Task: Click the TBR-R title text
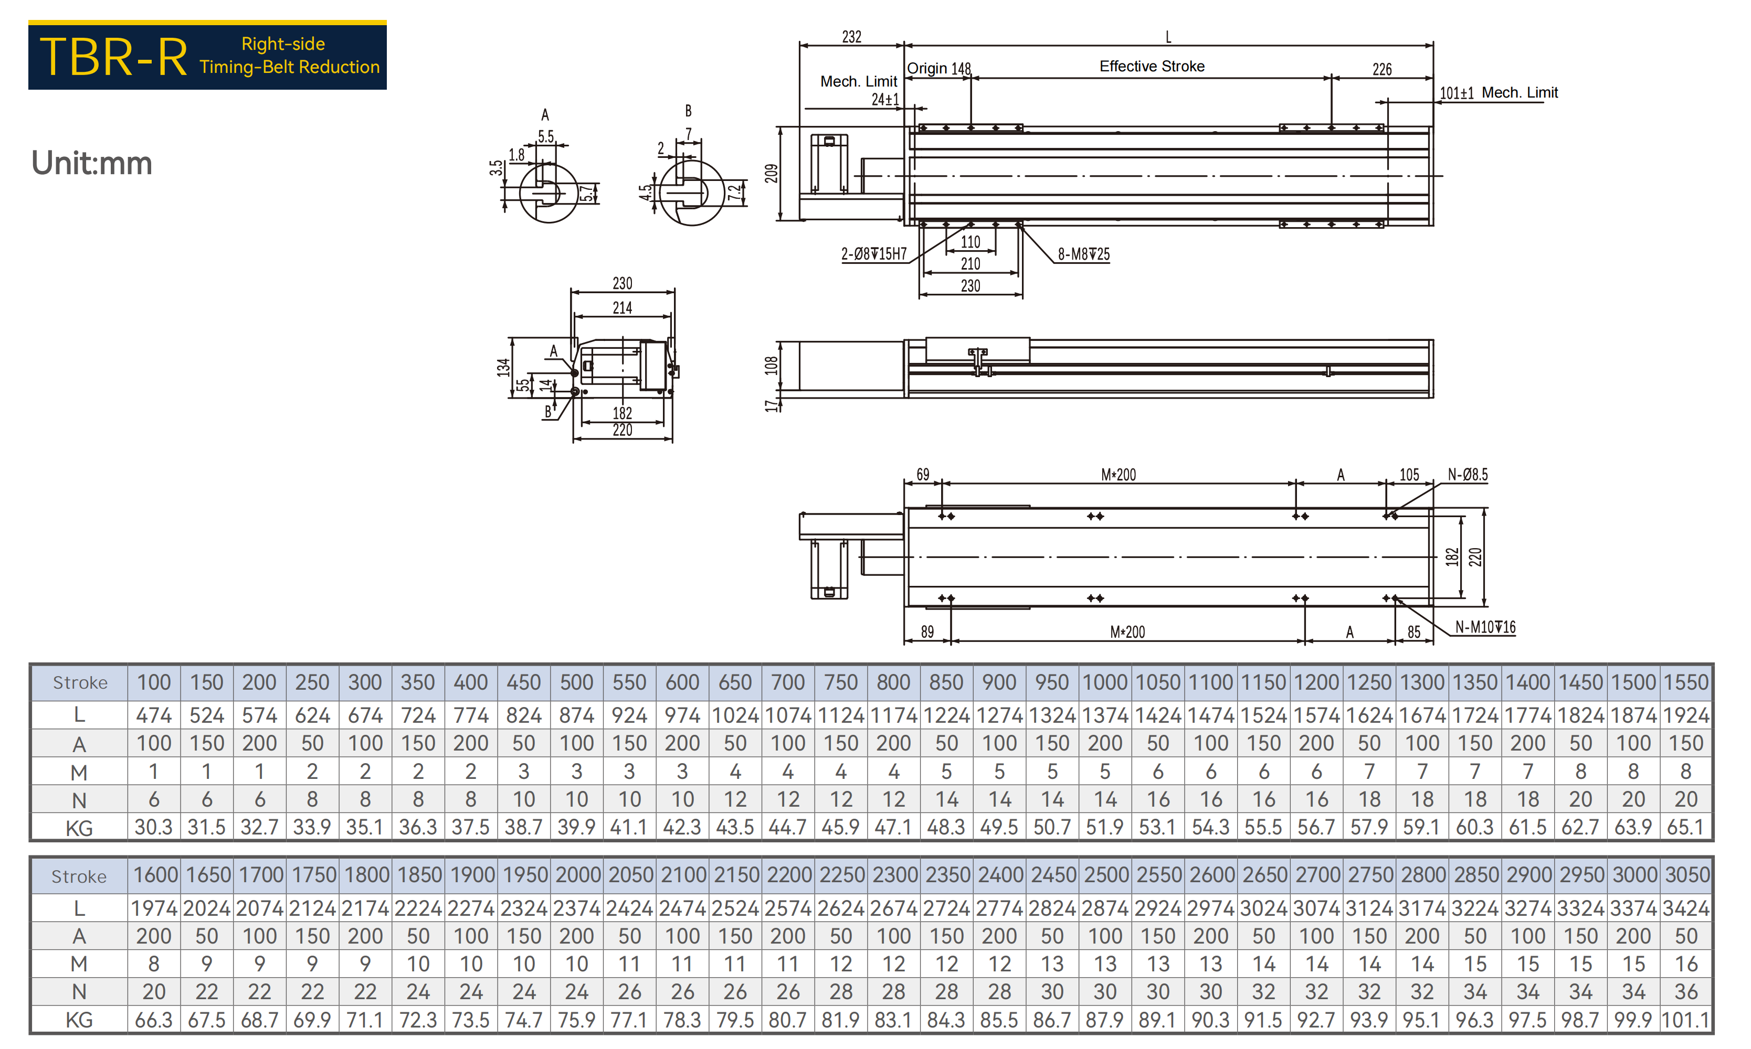(113, 57)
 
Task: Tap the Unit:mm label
(91, 163)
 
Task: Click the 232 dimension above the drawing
(851, 37)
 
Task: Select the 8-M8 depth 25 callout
(1083, 254)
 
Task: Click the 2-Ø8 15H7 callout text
(874, 254)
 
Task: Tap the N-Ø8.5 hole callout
(1468, 475)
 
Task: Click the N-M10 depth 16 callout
(1485, 628)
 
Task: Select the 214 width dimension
(623, 307)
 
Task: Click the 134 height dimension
(503, 368)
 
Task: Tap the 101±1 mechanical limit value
(1457, 93)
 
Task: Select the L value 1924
(1686, 715)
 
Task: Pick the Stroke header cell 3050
(1686, 875)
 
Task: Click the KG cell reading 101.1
(1686, 1020)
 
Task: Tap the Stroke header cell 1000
(1105, 682)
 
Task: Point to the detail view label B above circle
(688, 111)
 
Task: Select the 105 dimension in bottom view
(1409, 475)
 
